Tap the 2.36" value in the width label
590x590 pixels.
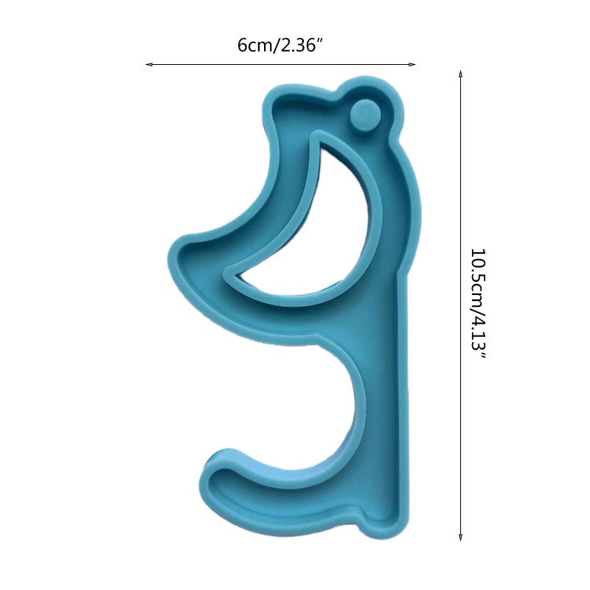click(x=299, y=46)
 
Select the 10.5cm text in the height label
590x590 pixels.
click(x=479, y=278)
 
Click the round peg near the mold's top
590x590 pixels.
click(x=364, y=114)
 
